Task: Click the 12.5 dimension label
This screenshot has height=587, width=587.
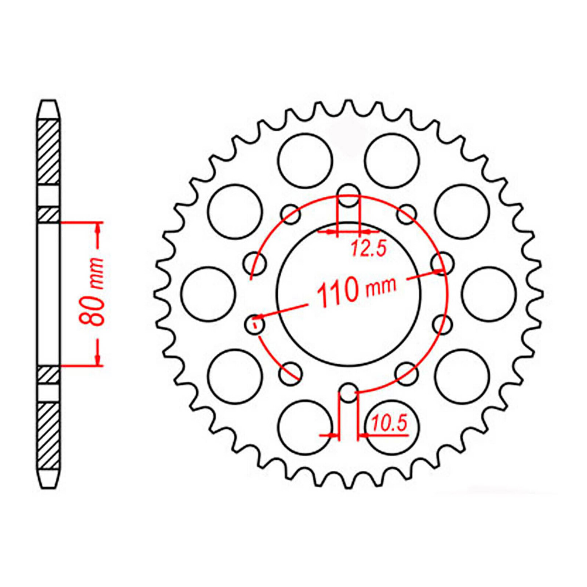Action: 369,248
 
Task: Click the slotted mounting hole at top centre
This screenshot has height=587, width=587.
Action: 349,195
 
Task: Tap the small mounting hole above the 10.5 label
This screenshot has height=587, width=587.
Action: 349,393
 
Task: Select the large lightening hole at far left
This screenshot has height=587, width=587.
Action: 208,294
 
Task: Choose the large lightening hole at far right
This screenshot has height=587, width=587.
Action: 489,294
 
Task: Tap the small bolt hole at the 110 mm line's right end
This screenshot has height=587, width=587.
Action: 442,263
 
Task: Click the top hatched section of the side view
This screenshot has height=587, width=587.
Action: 48,152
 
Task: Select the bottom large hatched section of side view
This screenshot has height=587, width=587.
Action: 48,435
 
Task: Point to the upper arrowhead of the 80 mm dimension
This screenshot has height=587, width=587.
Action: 98,229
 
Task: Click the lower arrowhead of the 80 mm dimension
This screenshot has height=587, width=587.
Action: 98,359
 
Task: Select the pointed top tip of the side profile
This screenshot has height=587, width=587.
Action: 48,102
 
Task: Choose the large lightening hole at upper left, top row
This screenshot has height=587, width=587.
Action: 305,161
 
